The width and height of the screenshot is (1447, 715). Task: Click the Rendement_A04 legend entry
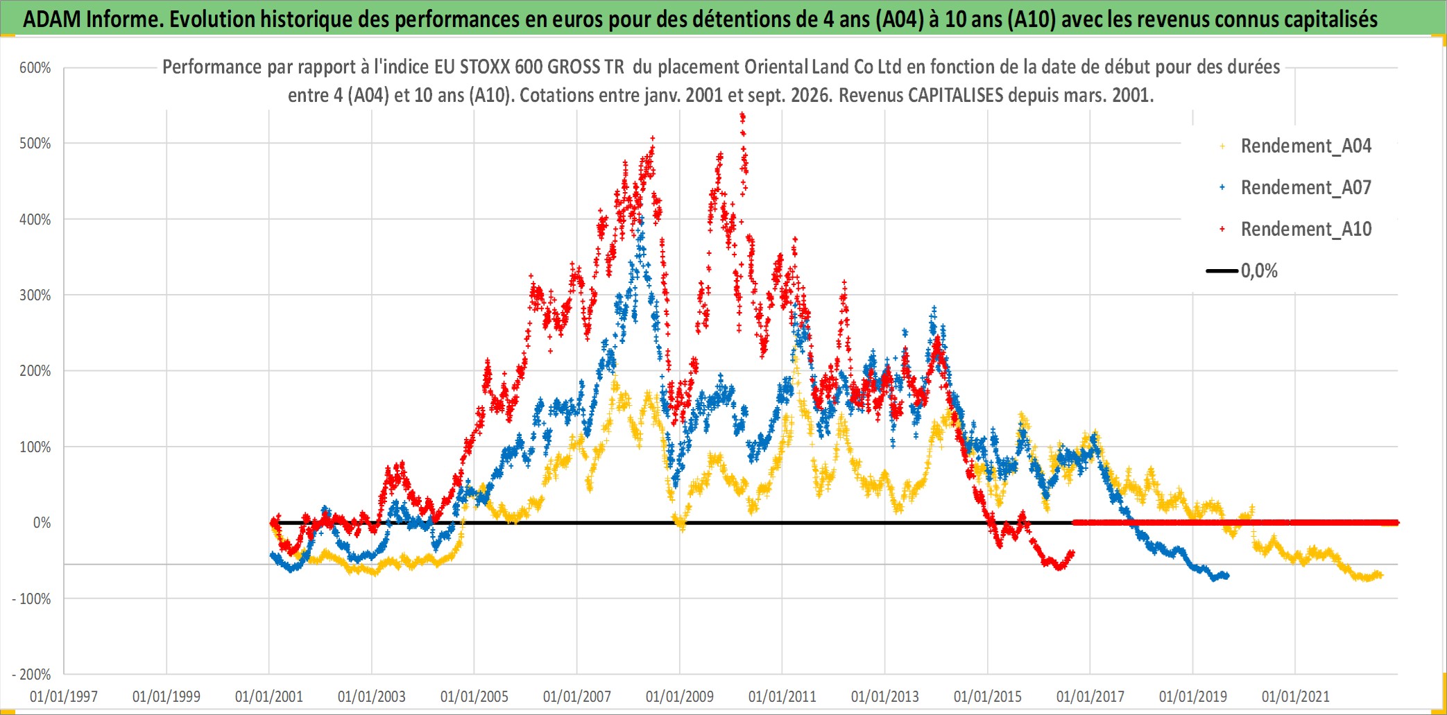tap(1296, 146)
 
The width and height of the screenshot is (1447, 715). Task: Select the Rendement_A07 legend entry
tap(1296, 188)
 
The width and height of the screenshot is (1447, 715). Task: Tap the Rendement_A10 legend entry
tap(1296, 230)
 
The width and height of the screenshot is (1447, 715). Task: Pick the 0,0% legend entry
tap(1242, 270)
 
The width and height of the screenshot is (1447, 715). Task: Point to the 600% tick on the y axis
tap(35, 68)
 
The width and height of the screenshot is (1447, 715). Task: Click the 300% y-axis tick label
tap(35, 295)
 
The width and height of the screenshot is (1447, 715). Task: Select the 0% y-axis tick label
tap(42, 523)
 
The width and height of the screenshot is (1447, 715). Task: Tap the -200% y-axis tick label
tap(32, 674)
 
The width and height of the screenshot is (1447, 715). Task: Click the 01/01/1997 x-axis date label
tap(64, 696)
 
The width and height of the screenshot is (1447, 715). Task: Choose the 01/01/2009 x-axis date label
tap(680, 696)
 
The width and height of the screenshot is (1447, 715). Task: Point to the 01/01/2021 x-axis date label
tap(1296, 696)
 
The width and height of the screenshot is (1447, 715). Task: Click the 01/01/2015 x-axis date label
tap(988, 696)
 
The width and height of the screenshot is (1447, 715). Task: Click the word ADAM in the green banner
tap(52, 19)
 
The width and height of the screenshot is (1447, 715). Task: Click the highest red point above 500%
tap(742, 115)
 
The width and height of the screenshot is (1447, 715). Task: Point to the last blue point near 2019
tap(1227, 575)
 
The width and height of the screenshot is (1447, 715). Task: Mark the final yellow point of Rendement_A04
tap(1380, 575)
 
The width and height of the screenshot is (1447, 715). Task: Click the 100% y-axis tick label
tap(35, 447)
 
